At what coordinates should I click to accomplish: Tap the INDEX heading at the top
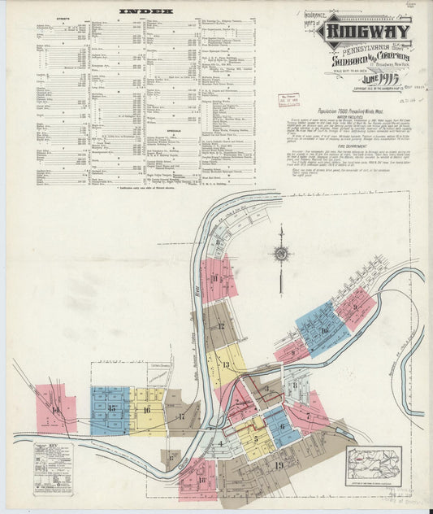(146, 11)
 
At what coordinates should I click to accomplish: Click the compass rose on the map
(281, 254)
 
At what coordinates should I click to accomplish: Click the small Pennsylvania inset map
(373, 465)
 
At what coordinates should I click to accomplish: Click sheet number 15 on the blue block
(111, 407)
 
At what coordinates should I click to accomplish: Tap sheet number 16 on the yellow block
(146, 410)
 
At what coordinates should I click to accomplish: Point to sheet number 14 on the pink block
(56, 411)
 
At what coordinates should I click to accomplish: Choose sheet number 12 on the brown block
(220, 326)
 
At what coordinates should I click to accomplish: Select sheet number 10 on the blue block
(324, 330)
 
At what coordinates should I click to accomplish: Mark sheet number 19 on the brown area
(278, 465)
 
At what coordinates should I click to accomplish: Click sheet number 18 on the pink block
(201, 479)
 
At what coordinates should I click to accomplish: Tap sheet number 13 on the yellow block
(225, 364)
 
